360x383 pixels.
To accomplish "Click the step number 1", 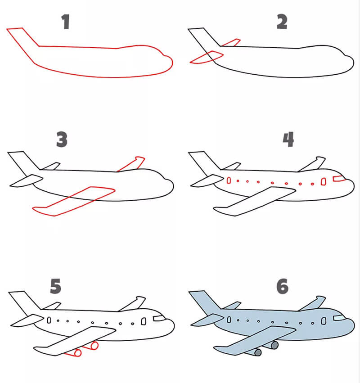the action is point(66,22).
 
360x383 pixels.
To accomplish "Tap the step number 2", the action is point(282,22).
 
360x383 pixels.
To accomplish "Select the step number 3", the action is point(62,139).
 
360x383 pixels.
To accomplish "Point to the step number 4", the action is point(288,140).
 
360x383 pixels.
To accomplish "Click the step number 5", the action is point(56,286).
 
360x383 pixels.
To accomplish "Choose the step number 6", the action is point(283,286).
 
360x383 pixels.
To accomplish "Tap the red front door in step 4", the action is point(324,181).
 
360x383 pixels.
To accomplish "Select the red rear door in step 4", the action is point(229,180).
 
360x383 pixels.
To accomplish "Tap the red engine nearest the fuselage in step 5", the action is point(94,345).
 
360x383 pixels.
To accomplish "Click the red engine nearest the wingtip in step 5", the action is point(77,353).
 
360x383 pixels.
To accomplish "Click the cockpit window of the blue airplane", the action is point(338,318).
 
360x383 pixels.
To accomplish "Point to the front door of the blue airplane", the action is point(324,321).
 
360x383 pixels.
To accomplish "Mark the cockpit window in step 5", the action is point(158,318).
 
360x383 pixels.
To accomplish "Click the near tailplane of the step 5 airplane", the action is point(27,320).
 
